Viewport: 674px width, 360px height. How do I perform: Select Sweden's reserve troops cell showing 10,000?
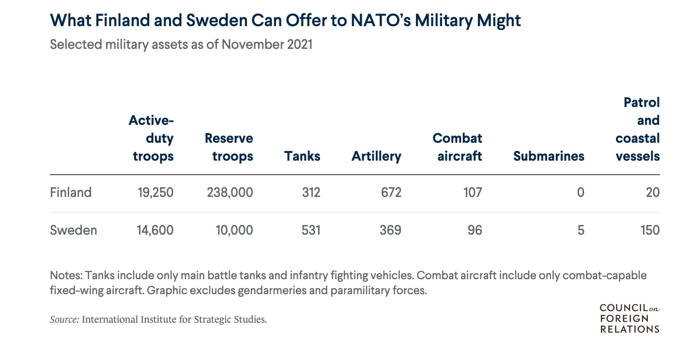tap(234, 230)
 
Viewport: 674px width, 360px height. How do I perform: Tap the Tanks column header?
tap(302, 156)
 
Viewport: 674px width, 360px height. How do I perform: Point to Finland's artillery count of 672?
tap(391, 193)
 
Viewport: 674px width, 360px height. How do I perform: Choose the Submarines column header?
tap(549, 156)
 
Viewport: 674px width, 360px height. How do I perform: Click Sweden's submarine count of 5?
tap(581, 230)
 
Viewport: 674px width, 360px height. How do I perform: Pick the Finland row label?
tap(71, 193)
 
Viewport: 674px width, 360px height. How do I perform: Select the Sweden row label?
tap(74, 230)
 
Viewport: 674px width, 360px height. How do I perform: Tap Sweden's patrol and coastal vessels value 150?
tap(648, 230)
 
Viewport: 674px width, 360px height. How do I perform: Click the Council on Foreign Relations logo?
tap(629, 318)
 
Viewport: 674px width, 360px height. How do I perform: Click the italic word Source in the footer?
tap(64, 319)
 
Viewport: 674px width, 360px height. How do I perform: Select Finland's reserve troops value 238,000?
tap(230, 193)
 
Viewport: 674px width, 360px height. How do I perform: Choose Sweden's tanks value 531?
tap(310, 230)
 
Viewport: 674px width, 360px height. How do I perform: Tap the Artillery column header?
tap(376, 156)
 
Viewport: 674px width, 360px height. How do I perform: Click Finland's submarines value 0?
tap(581, 193)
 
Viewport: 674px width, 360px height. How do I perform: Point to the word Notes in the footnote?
tap(66, 276)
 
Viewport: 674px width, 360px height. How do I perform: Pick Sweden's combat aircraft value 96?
tap(475, 230)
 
